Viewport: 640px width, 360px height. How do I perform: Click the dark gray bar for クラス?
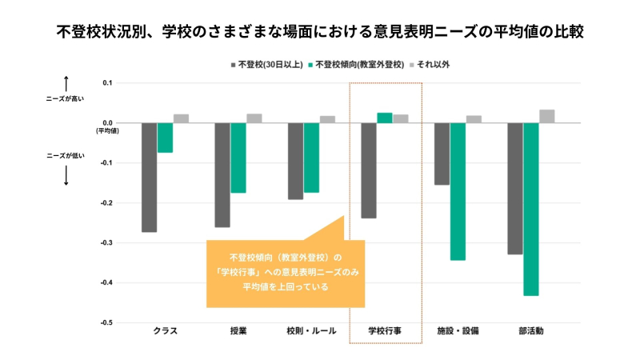click(x=150, y=177)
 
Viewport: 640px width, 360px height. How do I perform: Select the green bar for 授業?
click(x=238, y=158)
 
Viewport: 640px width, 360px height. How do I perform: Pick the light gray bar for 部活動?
click(x=546, y=116)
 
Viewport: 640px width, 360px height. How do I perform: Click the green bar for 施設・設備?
click(x=458, y=191)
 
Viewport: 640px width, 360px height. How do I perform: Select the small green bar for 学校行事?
click(x=385, y=118)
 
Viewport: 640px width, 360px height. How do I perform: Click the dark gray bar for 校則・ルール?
click(x=296, y=161)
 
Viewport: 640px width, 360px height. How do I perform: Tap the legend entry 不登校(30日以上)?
click(x=268, y=63)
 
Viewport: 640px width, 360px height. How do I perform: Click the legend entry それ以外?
click(x=433, y=63)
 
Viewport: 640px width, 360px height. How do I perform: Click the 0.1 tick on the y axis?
click(x=106, y=82)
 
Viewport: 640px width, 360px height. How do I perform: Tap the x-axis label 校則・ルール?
click(x=311, y=330)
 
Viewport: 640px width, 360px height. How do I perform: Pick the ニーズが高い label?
click(x=66, y=99)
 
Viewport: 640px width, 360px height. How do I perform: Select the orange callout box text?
click(x=286, y=272)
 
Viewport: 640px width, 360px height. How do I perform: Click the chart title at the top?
click(x=320, y=33)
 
